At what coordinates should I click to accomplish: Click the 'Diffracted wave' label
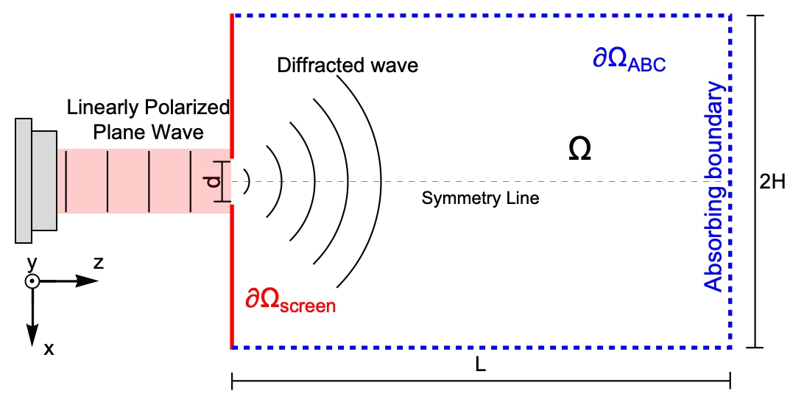[348, 66]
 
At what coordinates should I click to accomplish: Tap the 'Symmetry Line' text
[480, 198]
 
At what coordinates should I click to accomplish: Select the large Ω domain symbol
[580, 150]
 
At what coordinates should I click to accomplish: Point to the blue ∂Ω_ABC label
[630, 60]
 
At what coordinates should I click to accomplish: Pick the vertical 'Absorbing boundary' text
[714, 188]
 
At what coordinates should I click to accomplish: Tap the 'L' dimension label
[480, 365]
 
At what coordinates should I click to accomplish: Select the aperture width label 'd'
[214, 181]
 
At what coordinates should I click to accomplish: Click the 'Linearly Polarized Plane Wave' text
[148, 119]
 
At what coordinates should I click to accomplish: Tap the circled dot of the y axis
[32, 281]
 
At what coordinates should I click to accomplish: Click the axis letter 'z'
[98, 262]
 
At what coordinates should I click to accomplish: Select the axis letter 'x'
[49, 349]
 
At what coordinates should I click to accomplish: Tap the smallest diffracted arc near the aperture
[249, 180]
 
